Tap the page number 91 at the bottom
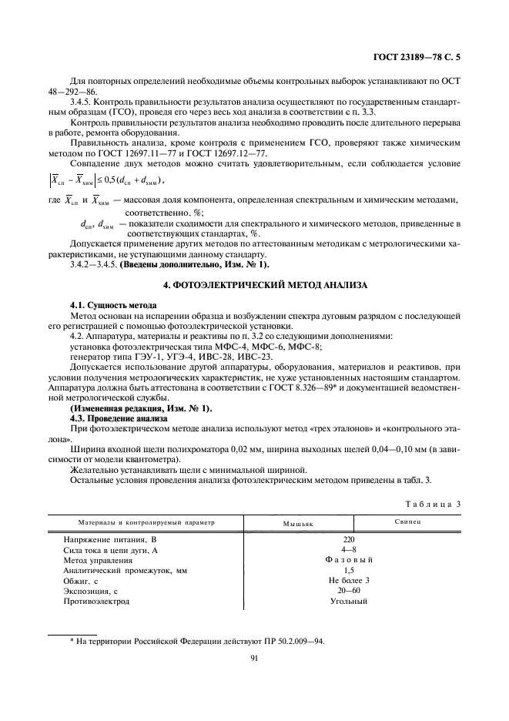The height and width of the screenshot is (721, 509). (x=253, y=657)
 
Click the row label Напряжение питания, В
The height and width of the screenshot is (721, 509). (x=109, y=540)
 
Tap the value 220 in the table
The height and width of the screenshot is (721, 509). (x=349, y=540)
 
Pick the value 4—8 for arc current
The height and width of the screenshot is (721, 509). (x=349, y=550)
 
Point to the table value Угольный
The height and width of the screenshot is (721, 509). (x=349, y=601)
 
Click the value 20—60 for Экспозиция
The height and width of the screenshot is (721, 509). (x=349, y=591)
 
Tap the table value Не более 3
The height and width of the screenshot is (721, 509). (x=349, y=581)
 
